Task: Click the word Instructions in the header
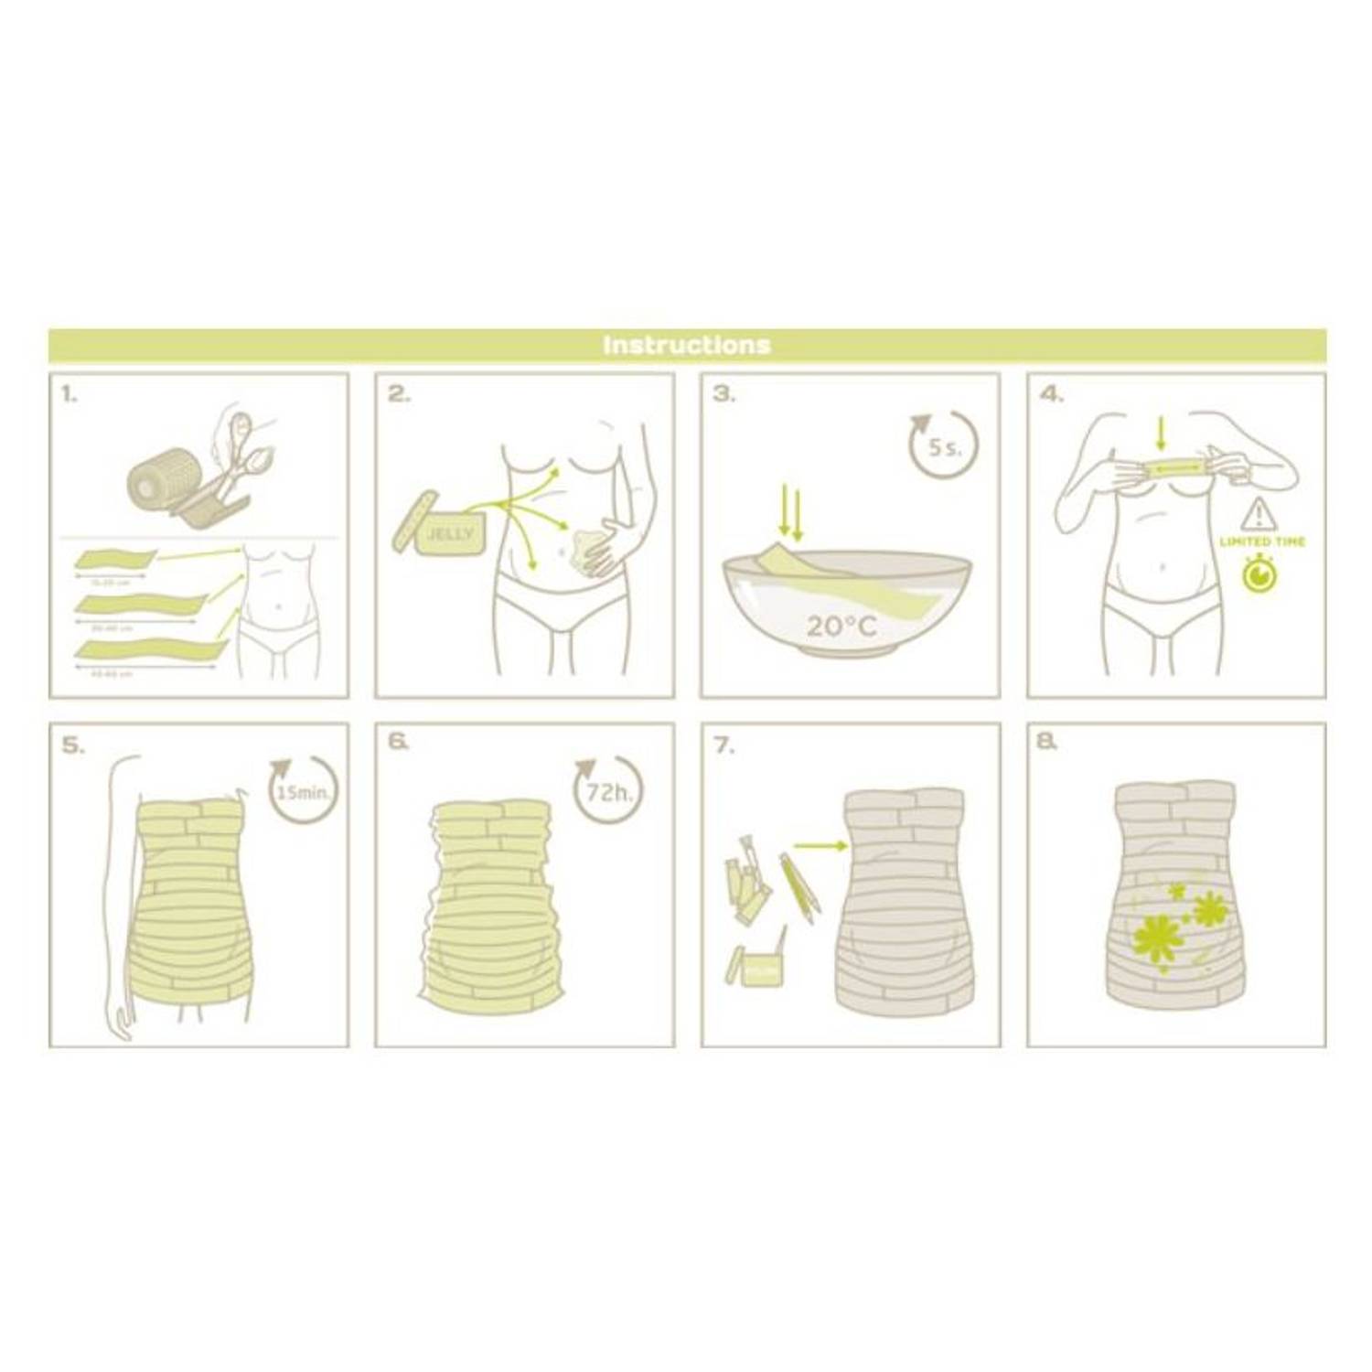[x=686, y=345]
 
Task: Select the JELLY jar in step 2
[x=450, y=533]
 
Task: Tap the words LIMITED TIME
[x=1262, y=542]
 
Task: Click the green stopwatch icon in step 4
[x=1261, y=573]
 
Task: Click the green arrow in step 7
[x=820, y=847]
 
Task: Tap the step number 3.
[x=723, y=395]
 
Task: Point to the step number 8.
[x=1048, y=745]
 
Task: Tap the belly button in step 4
[x=1161, y=566]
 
